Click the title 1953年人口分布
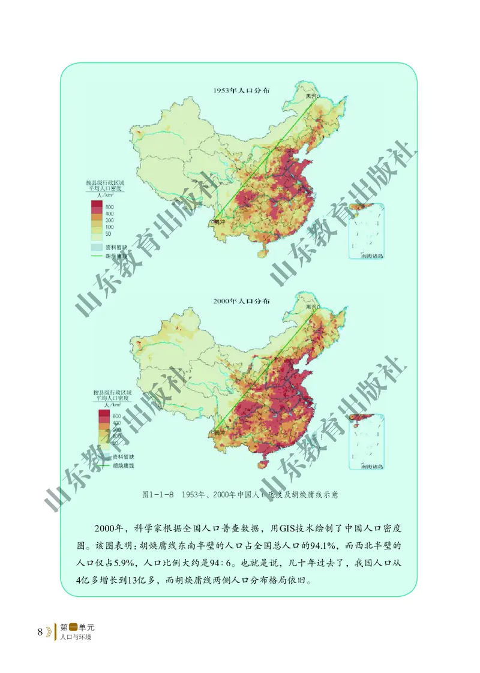241,91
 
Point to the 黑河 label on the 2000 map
310,307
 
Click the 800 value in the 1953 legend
110,206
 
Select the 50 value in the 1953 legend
108,234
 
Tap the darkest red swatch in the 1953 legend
97,206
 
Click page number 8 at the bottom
40,632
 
